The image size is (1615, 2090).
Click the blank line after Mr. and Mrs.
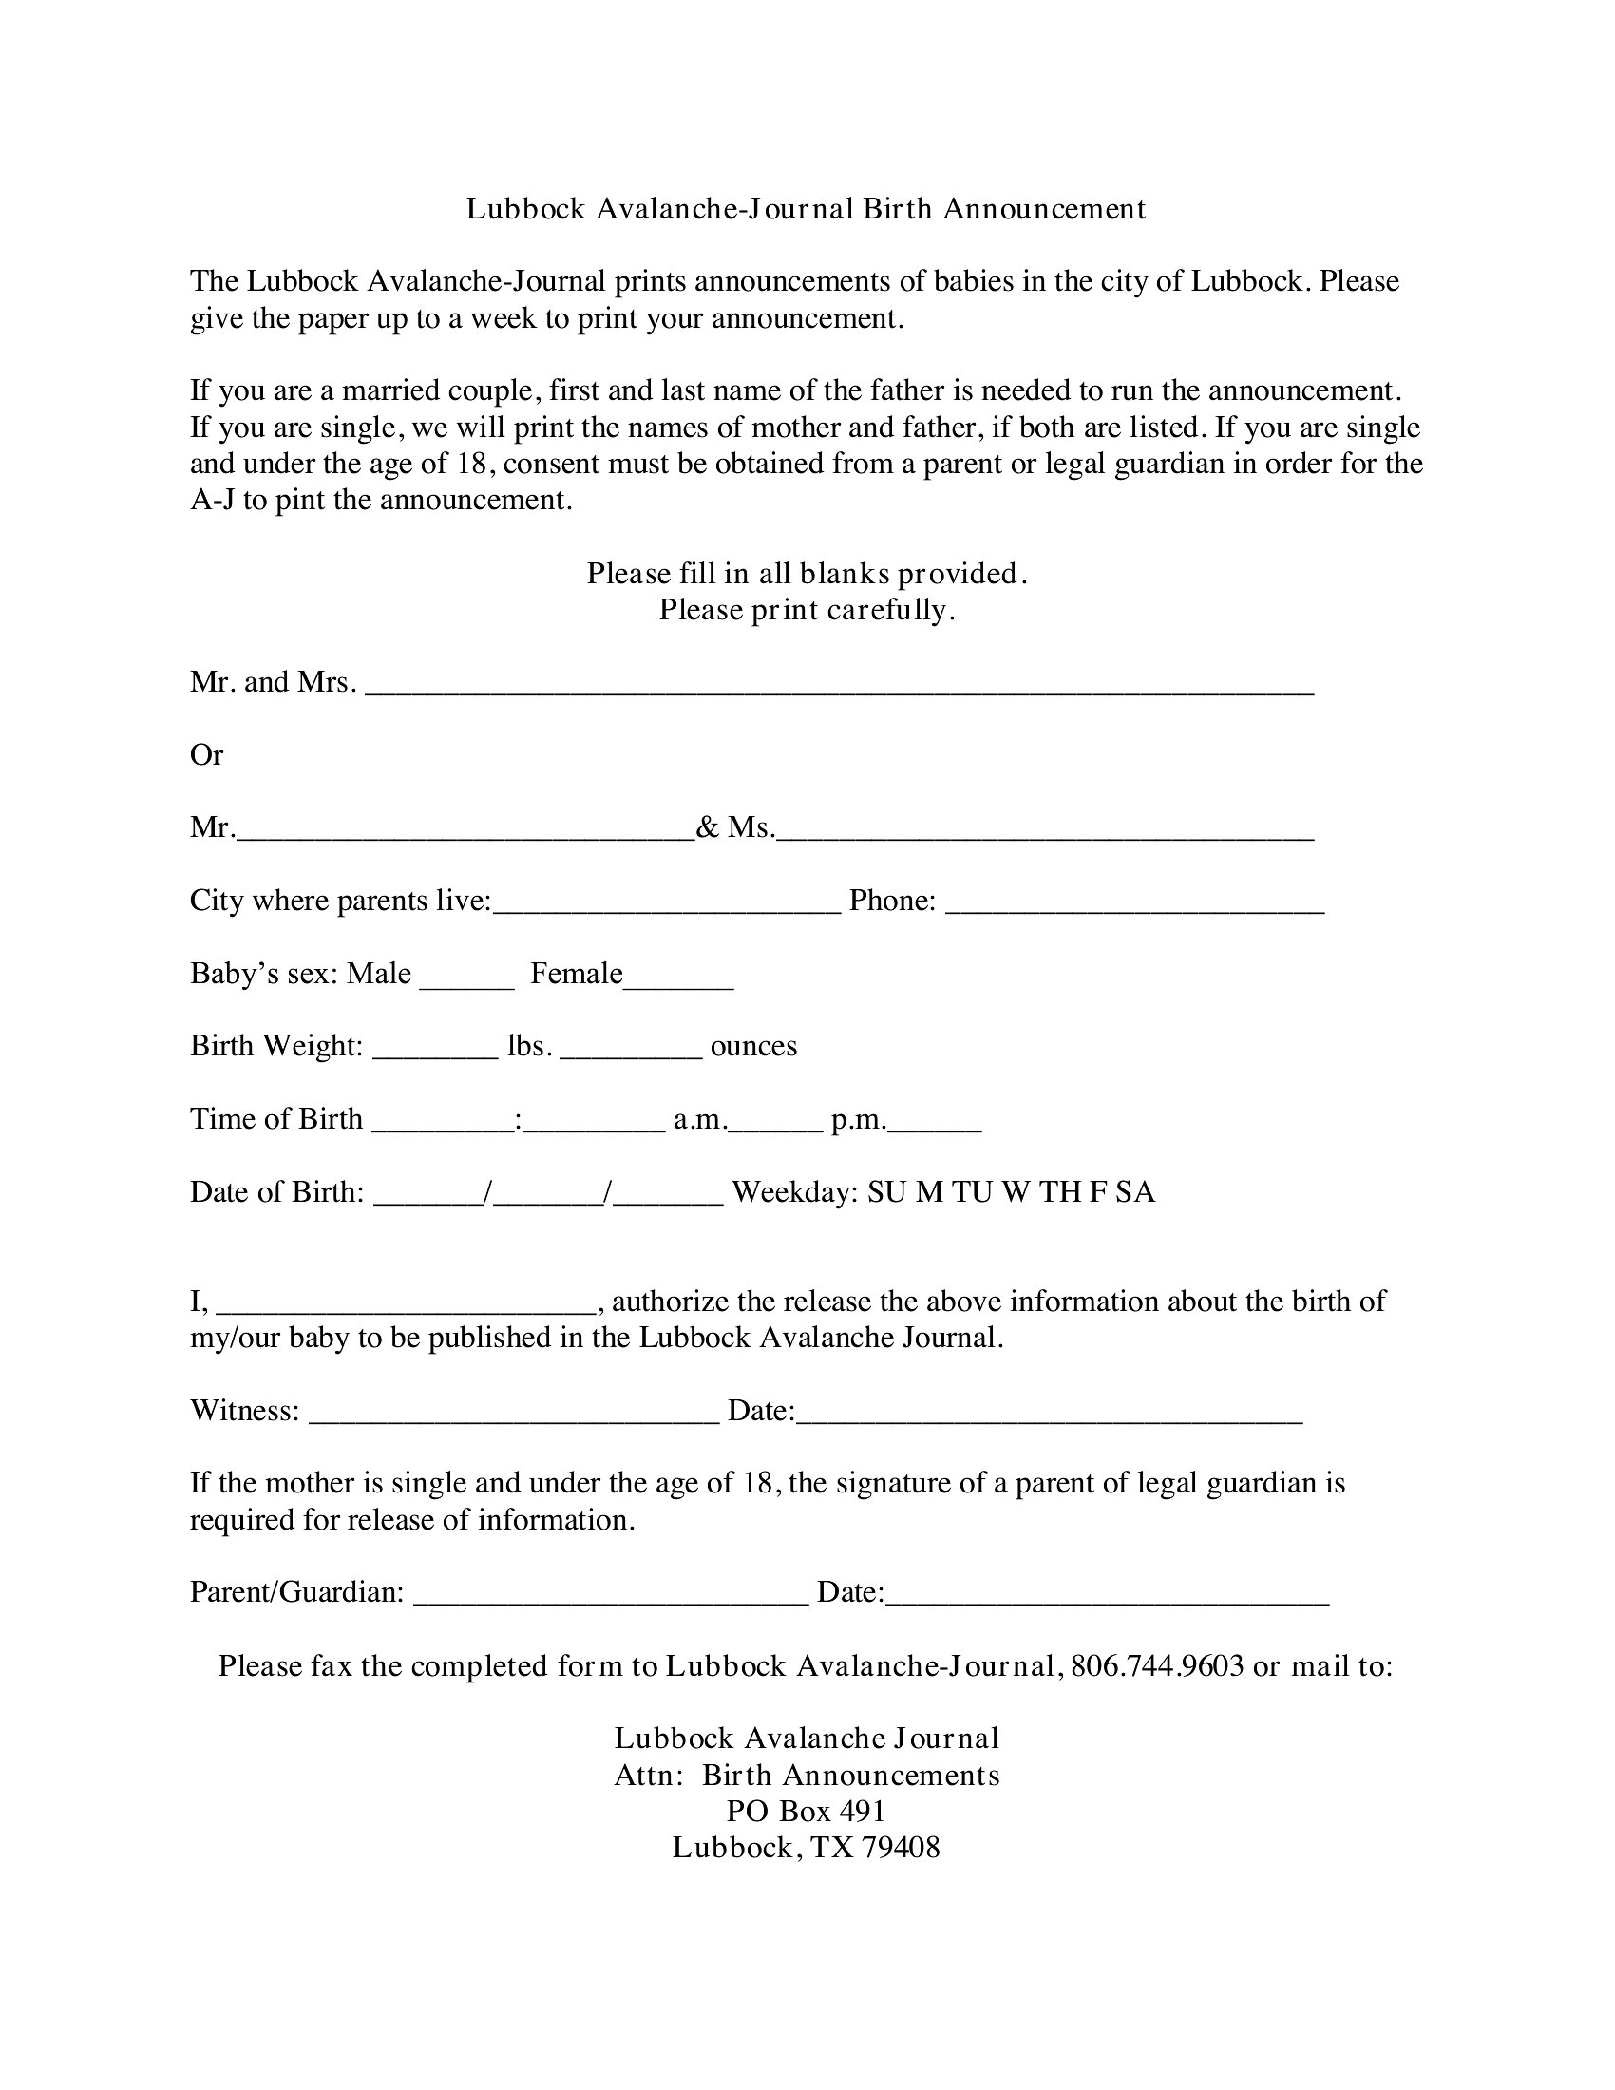(839, 690)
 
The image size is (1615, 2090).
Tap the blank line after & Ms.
(1045, 835)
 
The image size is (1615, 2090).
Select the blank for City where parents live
(667, 909)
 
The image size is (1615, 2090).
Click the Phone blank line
(1134, 909)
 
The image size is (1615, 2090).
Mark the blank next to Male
(466, 982)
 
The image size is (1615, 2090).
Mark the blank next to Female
(678, 982)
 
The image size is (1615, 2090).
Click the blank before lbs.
(435, 1054)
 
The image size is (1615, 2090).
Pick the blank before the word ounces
(632, 1054)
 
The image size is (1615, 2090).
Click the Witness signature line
(515, 1419)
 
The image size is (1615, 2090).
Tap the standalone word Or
(207, 755)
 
